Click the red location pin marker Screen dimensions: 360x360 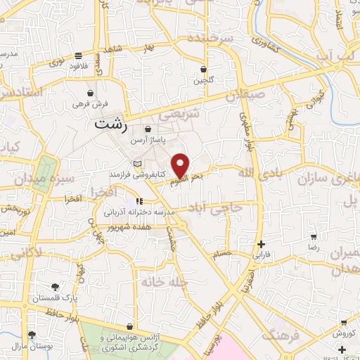tap(181, 166)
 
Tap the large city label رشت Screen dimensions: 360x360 tap(110, 124)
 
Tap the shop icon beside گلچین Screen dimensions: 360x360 tap(204, 70)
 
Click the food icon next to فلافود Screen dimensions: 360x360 tap(78, 56)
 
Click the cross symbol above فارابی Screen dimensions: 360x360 tap(261, 243)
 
